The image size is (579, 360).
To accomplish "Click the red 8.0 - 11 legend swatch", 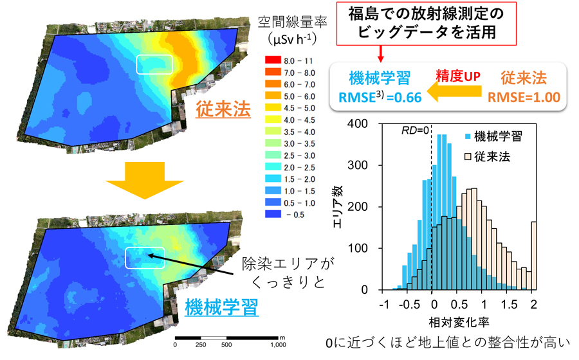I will tap(271, 60).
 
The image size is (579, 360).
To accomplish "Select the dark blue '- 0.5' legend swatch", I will tap(271, 214).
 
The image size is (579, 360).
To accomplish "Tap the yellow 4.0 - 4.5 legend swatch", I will tap(271, 120).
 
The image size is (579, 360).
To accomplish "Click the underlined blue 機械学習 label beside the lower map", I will tap(222, 307).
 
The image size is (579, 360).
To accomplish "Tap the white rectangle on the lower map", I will tap(145, 257).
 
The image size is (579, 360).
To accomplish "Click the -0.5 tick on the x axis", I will tap(409, 303).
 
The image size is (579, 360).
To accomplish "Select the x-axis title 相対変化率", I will tap(458, 320).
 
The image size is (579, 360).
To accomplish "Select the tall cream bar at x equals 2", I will tap(534, 256).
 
